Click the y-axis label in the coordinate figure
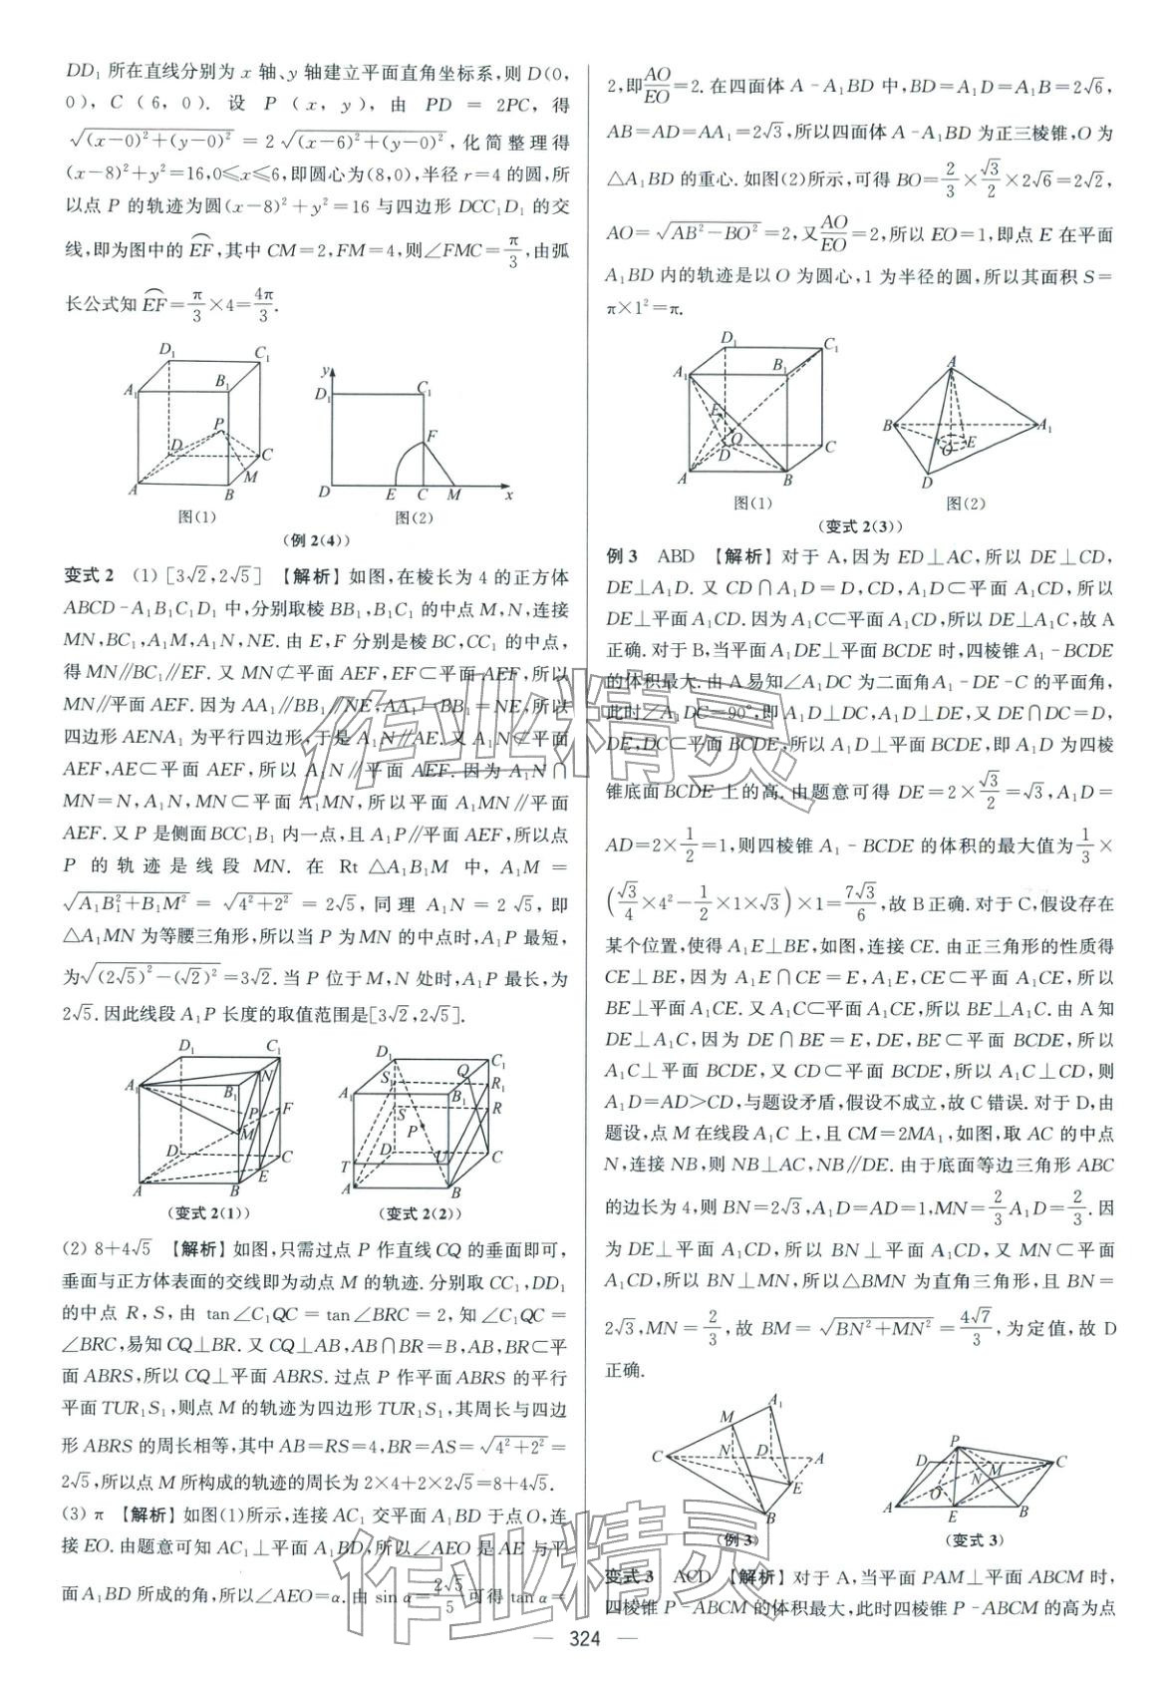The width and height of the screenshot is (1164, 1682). click(325, 371)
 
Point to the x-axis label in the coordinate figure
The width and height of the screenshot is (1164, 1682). click(509, 495)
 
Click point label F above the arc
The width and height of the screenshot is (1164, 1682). click(432, 436)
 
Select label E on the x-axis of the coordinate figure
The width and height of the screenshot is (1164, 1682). click(390, 495)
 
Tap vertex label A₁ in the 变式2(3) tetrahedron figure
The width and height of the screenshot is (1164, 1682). click(1044, 426)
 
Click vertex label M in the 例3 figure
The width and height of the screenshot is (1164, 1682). click(728, 1417)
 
